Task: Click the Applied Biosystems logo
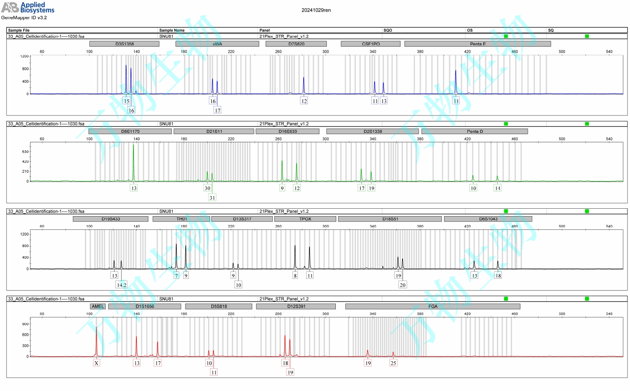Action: [28, 7]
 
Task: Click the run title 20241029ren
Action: [316, 10]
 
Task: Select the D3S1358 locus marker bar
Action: [124, 44]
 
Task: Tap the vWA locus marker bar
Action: [217, 44]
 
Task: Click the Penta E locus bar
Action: [478, 44]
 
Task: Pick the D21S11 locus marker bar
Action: [214, 132]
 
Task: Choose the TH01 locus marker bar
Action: [181, 219]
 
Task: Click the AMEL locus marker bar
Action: [98, 306]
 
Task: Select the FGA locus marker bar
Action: [433, 306]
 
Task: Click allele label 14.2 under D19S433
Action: [122, 285]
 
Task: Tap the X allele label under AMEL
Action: [96, 363]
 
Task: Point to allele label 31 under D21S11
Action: [212, 198]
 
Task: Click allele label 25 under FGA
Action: [393, 363]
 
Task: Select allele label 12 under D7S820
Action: [304, 101]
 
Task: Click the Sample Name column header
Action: [172, 30]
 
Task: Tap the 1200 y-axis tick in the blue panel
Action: [24, 57]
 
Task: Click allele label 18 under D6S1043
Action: [498, 276]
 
